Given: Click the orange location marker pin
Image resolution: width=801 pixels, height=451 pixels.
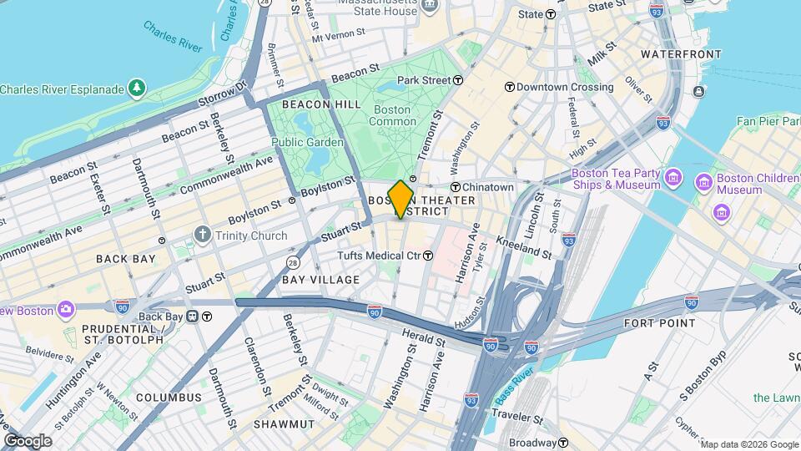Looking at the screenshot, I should [x=400, y=199].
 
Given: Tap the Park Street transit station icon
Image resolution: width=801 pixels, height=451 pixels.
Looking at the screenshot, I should [x=458, y=80].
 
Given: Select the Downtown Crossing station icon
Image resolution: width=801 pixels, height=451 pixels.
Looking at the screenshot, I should [x=509, y=87].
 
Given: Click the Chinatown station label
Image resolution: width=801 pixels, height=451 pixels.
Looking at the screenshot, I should [x=489, y=187].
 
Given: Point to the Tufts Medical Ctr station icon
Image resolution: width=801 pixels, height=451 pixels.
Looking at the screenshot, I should [x=428, y=256].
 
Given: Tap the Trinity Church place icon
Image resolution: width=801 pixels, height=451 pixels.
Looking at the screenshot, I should [x=201, y=236].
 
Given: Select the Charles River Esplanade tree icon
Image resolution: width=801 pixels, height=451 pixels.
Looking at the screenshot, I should [x=136, y=89].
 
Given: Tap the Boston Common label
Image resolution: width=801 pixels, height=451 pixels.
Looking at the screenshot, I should [x=392, y=115].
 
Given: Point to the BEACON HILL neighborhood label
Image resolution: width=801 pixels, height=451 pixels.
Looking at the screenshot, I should [x=321, y=104].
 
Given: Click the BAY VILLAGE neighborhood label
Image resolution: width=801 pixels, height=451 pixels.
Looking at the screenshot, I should [x=321, y=279].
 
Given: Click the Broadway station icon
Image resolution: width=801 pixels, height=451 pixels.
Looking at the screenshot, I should [x=564, y=443].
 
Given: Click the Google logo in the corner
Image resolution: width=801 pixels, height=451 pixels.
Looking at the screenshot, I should [x=28, y=440].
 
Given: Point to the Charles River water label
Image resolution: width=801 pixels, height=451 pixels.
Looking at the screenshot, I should [x=172, y=38].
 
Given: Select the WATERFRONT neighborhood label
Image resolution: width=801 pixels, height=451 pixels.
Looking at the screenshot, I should [x=681, y=54].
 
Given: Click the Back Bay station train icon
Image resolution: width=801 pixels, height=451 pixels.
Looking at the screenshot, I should [x=193, y=317].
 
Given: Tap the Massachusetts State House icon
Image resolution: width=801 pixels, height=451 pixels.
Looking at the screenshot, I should [x=430, y=5].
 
